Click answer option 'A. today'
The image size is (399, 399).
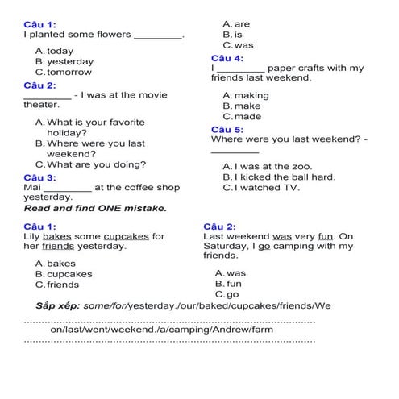pos(54,51)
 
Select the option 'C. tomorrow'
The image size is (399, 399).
pos(64,72)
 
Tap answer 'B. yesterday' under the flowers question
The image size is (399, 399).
pos(64,61)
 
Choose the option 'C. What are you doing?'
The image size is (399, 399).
pos(90,164)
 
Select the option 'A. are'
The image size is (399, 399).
pos(236,24)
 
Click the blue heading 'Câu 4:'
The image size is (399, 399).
pos(227,58)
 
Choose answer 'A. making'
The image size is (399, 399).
pos(246,95)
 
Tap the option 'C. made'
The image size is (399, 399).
pos(242,116)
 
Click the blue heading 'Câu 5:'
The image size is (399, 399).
pos(227,129)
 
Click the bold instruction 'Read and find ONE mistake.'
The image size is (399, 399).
pos(95,208)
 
